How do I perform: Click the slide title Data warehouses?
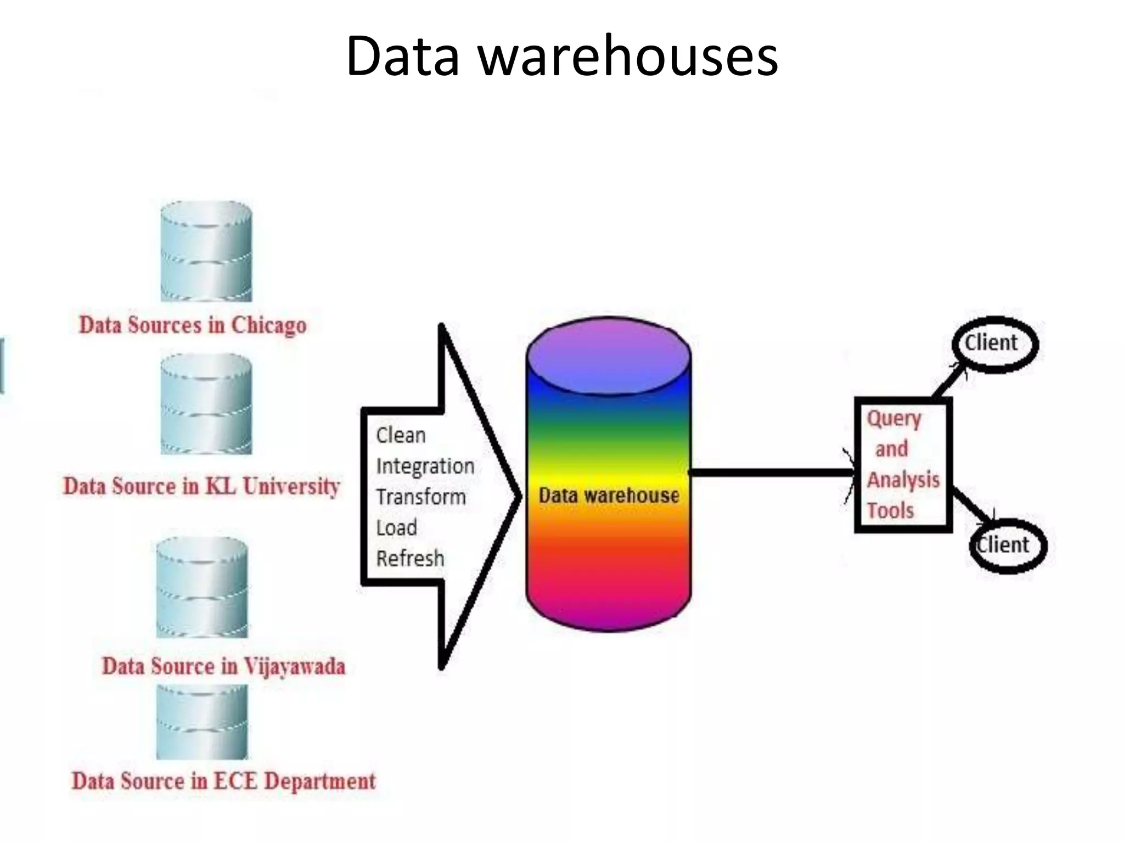[561, 55]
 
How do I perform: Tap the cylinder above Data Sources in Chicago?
[206, 251]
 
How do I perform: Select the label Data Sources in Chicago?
[193, 325]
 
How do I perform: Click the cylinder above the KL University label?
[206, 404]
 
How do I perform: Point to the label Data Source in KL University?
[201, 486]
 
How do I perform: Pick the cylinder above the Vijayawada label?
[202, 587]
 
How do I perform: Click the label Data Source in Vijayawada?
[223, 666]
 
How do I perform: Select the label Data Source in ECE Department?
[223, 781]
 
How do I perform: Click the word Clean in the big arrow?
[401, 435]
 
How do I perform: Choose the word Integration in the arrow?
[425, 466]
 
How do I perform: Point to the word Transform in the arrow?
[420, 497]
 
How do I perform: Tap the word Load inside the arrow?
[396, 527]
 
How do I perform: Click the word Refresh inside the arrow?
[410, 558]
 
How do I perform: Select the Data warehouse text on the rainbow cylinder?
[609, 495]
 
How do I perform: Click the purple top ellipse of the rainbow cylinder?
[608, 356]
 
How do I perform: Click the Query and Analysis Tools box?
[903, 464]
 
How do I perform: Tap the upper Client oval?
[993, 344]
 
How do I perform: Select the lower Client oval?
[1007, 546]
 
